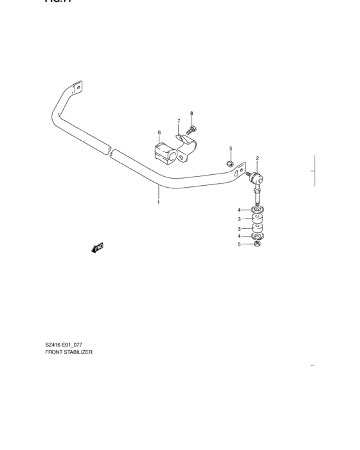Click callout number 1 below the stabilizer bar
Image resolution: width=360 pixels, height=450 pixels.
[x=158, y=202]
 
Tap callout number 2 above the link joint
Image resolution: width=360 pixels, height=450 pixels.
[x=257, y=158]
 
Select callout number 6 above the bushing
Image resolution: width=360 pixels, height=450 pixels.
[x=159, y=133]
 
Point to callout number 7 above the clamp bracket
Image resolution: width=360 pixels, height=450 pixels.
[x=179, y=121]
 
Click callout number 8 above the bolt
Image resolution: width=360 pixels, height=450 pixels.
[x=191, y=114]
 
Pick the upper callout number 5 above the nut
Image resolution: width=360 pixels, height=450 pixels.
[x=230, y=149]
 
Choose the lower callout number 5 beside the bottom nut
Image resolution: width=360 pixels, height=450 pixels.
[x=239, y=244]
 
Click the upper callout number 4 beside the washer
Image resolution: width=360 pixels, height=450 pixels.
[x=239, y=210]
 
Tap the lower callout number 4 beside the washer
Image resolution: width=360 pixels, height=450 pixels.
[x=239, y=237]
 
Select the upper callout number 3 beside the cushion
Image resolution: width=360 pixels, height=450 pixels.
[x=239, y=219]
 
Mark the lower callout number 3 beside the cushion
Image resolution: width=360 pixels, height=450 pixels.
[x=239, y=228]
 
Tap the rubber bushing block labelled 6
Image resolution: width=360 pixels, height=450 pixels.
[x=165, y=154]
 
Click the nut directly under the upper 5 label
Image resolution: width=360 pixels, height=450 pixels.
[x=230, y=163]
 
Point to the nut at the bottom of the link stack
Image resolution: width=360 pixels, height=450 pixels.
[x=256, y=244]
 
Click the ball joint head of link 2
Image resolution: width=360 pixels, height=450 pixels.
[x=257, y=177]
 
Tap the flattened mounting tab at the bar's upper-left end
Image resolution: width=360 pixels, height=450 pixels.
[x=78, y=87]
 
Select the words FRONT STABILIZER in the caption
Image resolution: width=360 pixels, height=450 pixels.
[x=69, y=353]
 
